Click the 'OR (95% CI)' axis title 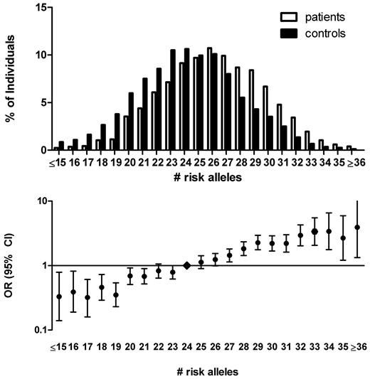pos(11,265)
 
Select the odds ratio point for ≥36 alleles pos(357,228)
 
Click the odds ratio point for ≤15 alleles pos(58,297)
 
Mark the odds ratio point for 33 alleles pos(314,232)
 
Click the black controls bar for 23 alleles pos(173,100)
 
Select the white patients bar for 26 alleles pos(209,99)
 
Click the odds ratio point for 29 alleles pos(258,242)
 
